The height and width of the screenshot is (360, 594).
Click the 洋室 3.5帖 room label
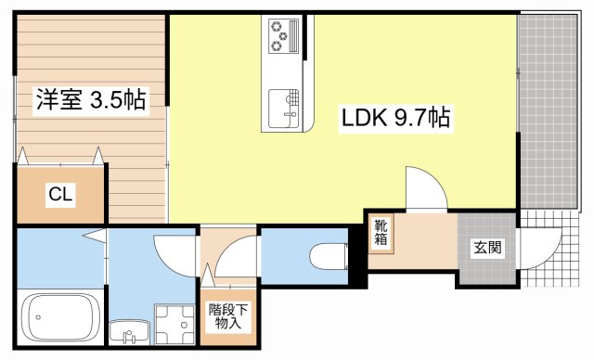coord(91,100)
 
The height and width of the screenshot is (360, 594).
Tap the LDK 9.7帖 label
coord(395,119)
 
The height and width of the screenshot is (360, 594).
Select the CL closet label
coord(61,195)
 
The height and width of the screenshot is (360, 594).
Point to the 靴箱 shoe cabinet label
coord(382,233)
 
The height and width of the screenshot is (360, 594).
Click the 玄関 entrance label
coord(486,248)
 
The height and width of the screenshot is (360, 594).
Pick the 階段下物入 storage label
coord(228,316)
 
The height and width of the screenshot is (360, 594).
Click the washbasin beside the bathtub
coord(126,329)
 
